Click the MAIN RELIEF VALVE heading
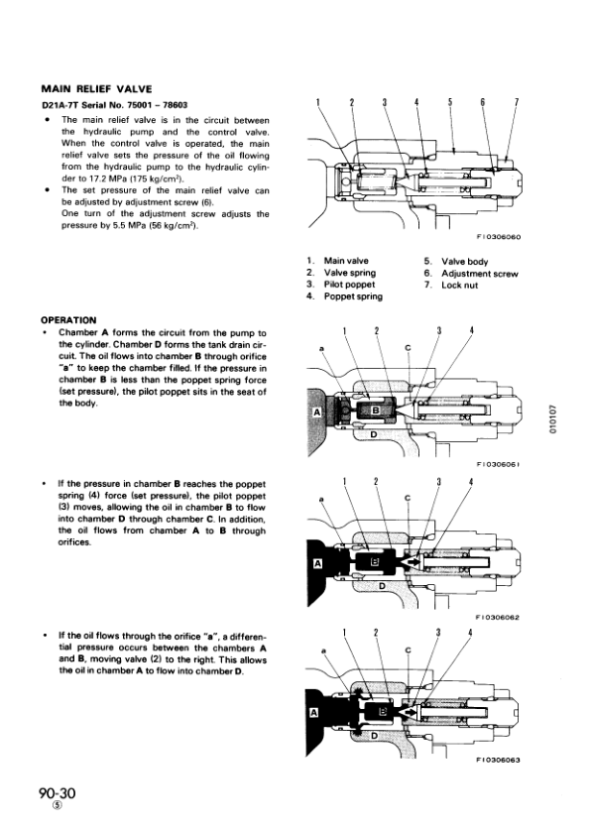tap(97, 89)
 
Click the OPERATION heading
tap(68, 320)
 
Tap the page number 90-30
tap(58, 793)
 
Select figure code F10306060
tap(499, 237)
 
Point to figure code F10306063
tap(498, 761)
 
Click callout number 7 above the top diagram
tap(517, 102)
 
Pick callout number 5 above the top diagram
tap(450, 102)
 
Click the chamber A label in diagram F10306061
tap(317, 412)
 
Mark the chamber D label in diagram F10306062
tap(382, 586)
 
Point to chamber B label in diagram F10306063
tap(385, 712)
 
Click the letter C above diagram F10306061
tap(408, 348)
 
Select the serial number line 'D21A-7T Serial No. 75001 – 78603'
tap(114, 105)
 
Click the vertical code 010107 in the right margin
tap(553, 419)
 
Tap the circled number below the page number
tap(58, 805)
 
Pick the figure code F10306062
tap(498, 617)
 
